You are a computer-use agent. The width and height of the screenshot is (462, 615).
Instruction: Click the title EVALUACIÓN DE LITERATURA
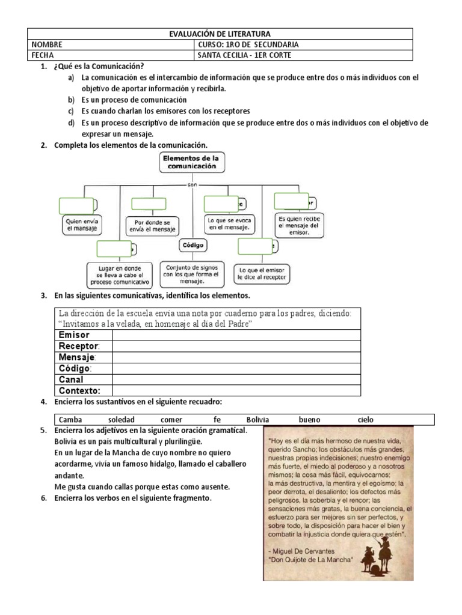pyautogui.click(x=220, y=34)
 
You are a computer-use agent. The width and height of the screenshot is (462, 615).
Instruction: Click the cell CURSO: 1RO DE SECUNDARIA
pyautogui.click(x=248, y=44)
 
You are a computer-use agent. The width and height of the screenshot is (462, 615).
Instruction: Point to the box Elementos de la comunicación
pyautogui.click(x=191, y=162)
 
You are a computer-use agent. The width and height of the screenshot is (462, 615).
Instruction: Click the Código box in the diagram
pyautogui.click(x=192, y=245)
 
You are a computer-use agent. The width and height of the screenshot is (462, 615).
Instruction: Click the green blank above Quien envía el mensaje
pyautogui.click(x=76, y=205)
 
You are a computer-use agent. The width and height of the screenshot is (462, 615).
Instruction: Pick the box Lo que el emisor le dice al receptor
pyautogui.click(x=262, y=274)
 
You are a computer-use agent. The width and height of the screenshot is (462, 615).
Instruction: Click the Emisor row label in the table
pyautogui.click(x=74, y=335)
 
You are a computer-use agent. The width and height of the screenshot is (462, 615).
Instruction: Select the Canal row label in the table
pyautogui.click(x=71, y=380)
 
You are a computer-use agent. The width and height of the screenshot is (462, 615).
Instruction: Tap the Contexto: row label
pyautogui.click(x=79, y=391)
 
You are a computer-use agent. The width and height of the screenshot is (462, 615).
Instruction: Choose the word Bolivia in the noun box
pyautogui.click(x=257, y=420)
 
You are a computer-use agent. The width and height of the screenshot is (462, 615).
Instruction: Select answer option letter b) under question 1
pyautogui.click(x=71, y=100)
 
